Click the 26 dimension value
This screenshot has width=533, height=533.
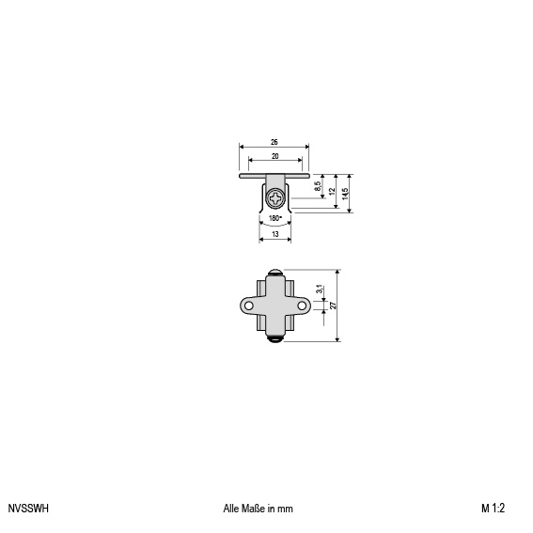tap(274, 142)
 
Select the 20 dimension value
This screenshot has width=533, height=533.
tap(275, 156)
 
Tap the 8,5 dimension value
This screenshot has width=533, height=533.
tap(318, 186)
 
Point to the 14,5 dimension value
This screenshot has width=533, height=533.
tap(345, 194)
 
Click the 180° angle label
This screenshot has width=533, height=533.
tap(275, 218)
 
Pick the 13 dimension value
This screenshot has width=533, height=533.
tap(275, 234)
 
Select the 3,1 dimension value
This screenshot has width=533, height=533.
tap(320, 290)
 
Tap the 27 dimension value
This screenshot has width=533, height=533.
tap(333, 306)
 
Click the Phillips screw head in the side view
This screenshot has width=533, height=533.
tap(275, 198)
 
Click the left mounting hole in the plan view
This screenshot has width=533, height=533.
tap(249, 306)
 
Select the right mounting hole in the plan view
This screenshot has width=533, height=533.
tap(302, 306)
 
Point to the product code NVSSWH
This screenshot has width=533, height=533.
tap(28, 509)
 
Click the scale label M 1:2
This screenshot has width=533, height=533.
tap(493, 509)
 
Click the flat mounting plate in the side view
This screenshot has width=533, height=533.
tap(274, 176)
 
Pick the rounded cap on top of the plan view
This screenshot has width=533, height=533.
tap(274, 273)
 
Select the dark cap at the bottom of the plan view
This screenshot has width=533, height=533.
tap(275, 339)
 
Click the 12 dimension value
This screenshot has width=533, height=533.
tap(333, 191)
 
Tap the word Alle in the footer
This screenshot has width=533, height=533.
tap(231, 509)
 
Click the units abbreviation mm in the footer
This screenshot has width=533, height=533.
tap(285, 509)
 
